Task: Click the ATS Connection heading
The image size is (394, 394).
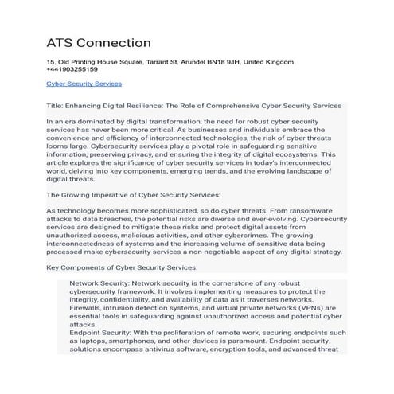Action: (x=99, y=41)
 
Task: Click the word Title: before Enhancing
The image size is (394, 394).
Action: (x=57, y=105)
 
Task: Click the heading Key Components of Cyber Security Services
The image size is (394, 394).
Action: (x=122, y=268)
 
